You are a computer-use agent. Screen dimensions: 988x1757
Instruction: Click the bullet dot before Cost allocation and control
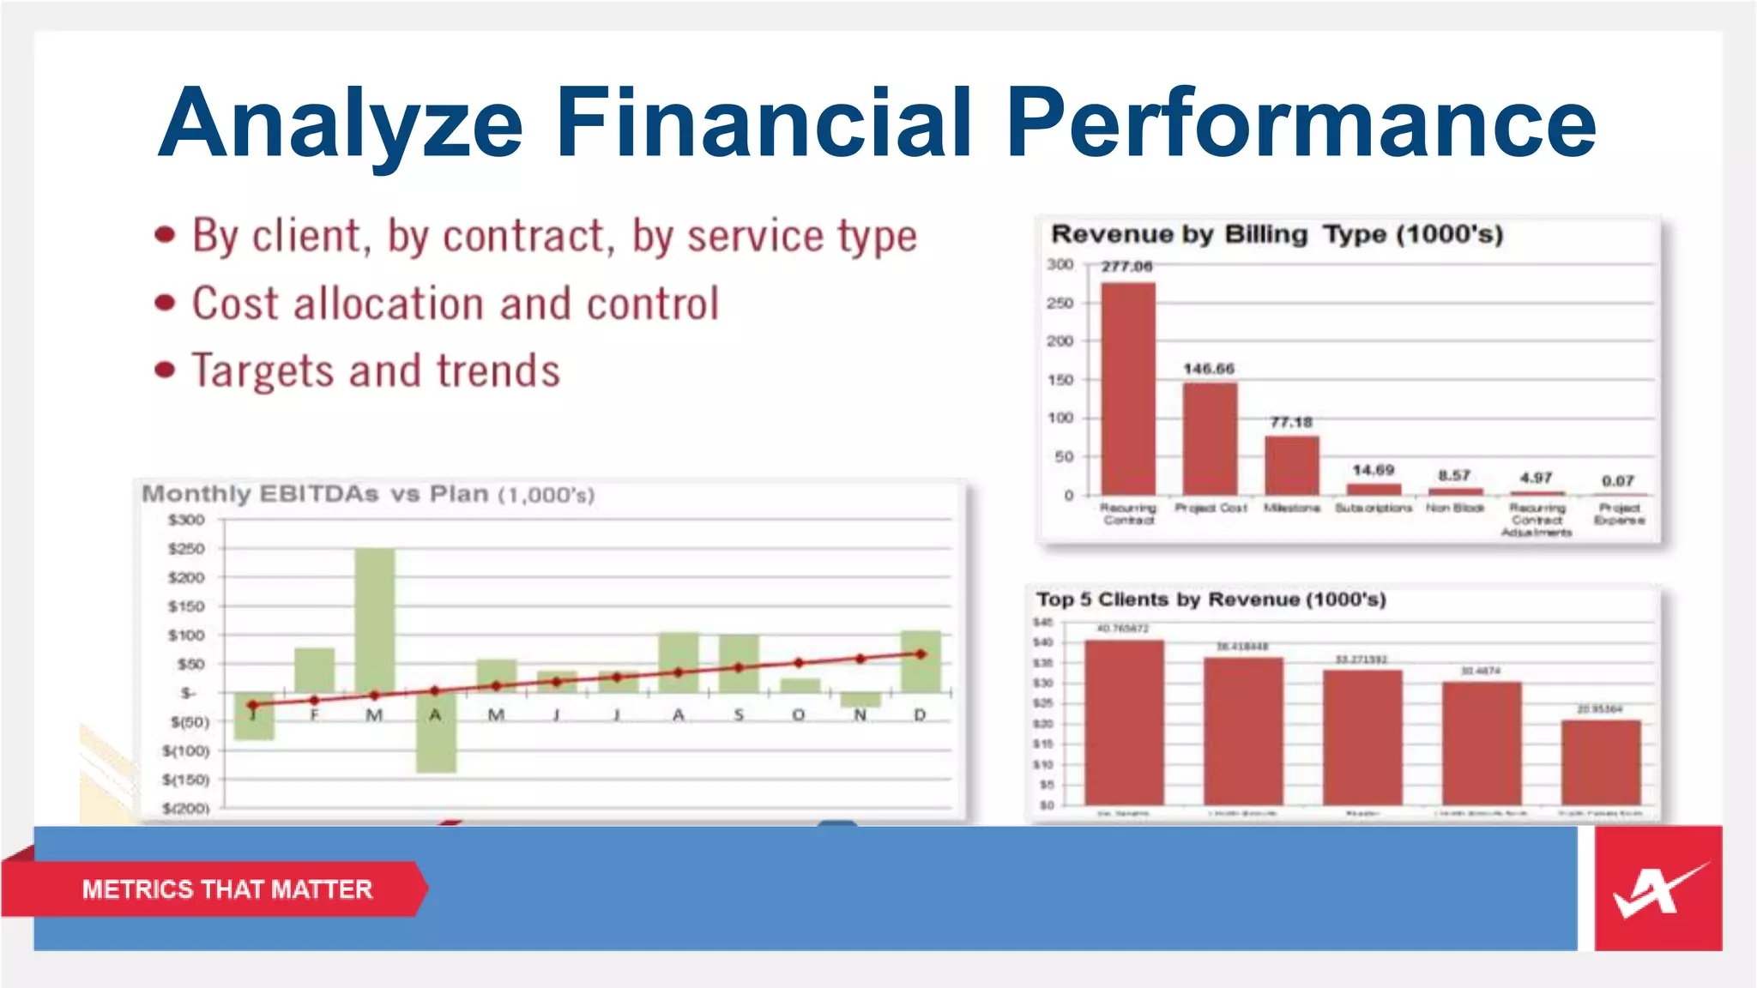(165, 303)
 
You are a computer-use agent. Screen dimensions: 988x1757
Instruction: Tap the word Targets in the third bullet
(263, 371)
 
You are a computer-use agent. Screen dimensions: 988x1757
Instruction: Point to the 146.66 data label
(1209, 369)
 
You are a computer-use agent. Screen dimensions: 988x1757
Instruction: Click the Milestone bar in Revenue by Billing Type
(1291, 466)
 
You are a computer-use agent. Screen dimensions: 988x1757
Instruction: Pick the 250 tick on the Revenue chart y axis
(1060, 303)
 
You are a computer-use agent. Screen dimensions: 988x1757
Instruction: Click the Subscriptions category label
(1373, 509)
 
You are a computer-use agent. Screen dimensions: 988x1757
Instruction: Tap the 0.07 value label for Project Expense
(1617, 481)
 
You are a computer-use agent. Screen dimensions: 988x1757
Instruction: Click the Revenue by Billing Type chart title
(1277, 234)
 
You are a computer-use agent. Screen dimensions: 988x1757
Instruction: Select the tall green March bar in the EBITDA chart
(375, 620)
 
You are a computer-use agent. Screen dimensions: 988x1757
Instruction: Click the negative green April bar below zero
(436, 733)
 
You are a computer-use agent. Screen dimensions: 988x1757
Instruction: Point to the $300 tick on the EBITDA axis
(186, 520)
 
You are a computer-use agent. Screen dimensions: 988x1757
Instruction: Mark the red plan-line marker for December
(921, 654)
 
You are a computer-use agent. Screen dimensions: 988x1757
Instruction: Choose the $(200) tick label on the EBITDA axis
(186, 808)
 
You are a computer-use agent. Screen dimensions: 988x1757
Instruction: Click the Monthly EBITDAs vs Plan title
(368, 494)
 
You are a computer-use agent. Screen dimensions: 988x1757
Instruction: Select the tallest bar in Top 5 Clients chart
(1124, 722)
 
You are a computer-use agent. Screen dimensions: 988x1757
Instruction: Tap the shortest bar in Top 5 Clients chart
(1600, 762)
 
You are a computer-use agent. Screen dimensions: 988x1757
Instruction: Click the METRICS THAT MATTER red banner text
(227, 889)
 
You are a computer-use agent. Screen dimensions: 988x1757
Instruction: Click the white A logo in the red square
(1656, 889)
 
